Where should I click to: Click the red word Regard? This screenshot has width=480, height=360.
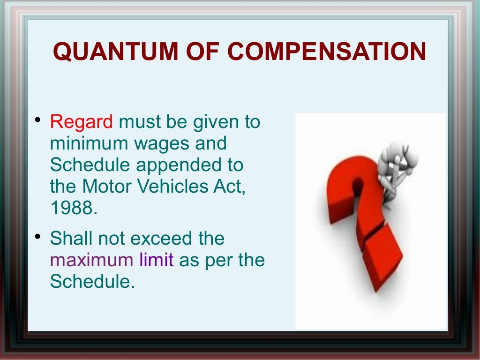tap(81, 122)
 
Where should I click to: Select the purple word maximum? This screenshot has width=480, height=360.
tap(91, 260)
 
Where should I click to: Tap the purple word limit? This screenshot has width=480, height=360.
tap(156, 260)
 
